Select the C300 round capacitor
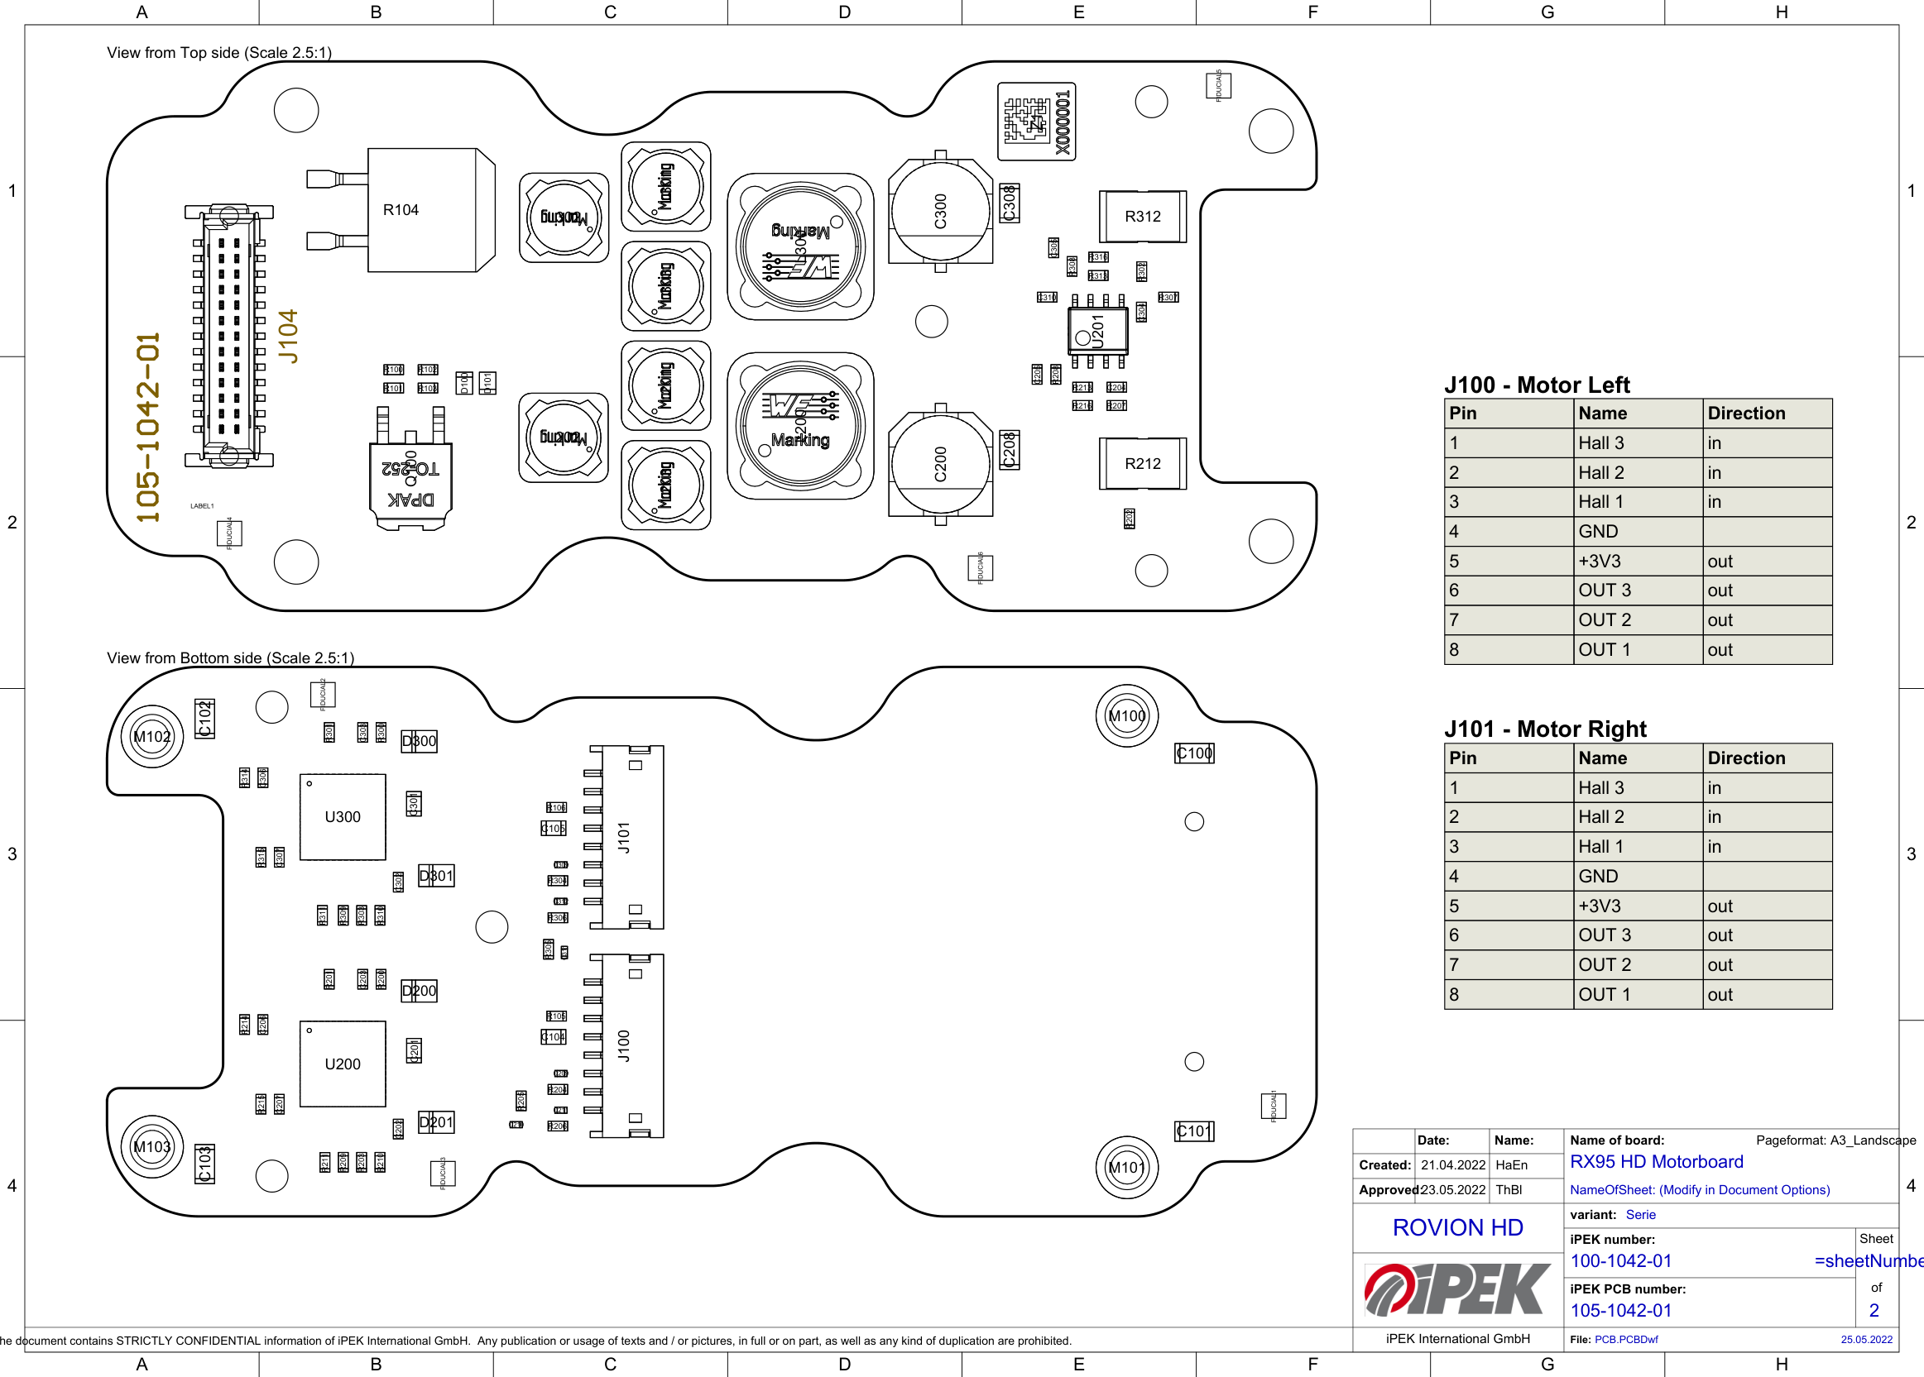[x=940, y=210]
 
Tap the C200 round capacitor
[x=940, y=464]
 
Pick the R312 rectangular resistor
[x=1142, y=216]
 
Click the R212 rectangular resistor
[x=1142, y=464]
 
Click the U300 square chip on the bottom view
[x=343, y=816]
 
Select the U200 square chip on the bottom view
[x=343, y=1064]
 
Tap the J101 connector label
[x=624, y=837]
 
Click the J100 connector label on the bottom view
[x=624, y=1045]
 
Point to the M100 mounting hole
[x=1126, y=715]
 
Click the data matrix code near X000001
[x=1026, y=121]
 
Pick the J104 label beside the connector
[x=290, y=336]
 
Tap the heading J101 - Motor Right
[x=1545, y=729]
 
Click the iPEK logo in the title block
[x=1457, y=1289]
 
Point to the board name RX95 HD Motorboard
[x=1656, y=1162]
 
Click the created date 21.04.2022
[x=1453, y=1165]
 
